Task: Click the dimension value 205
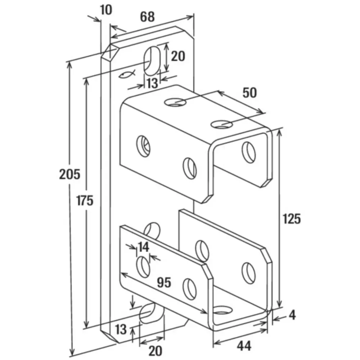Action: click(70, 174)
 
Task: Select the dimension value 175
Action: click(85, 201)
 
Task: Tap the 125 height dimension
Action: click(292, 219)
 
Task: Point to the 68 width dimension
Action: click(147, 17)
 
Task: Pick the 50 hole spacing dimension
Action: click(249, 93)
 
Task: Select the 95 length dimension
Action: click(164, 282)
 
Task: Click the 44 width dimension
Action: click(244, 346)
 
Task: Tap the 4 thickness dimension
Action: click(292, 315)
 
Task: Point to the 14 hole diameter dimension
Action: click(143, 247)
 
